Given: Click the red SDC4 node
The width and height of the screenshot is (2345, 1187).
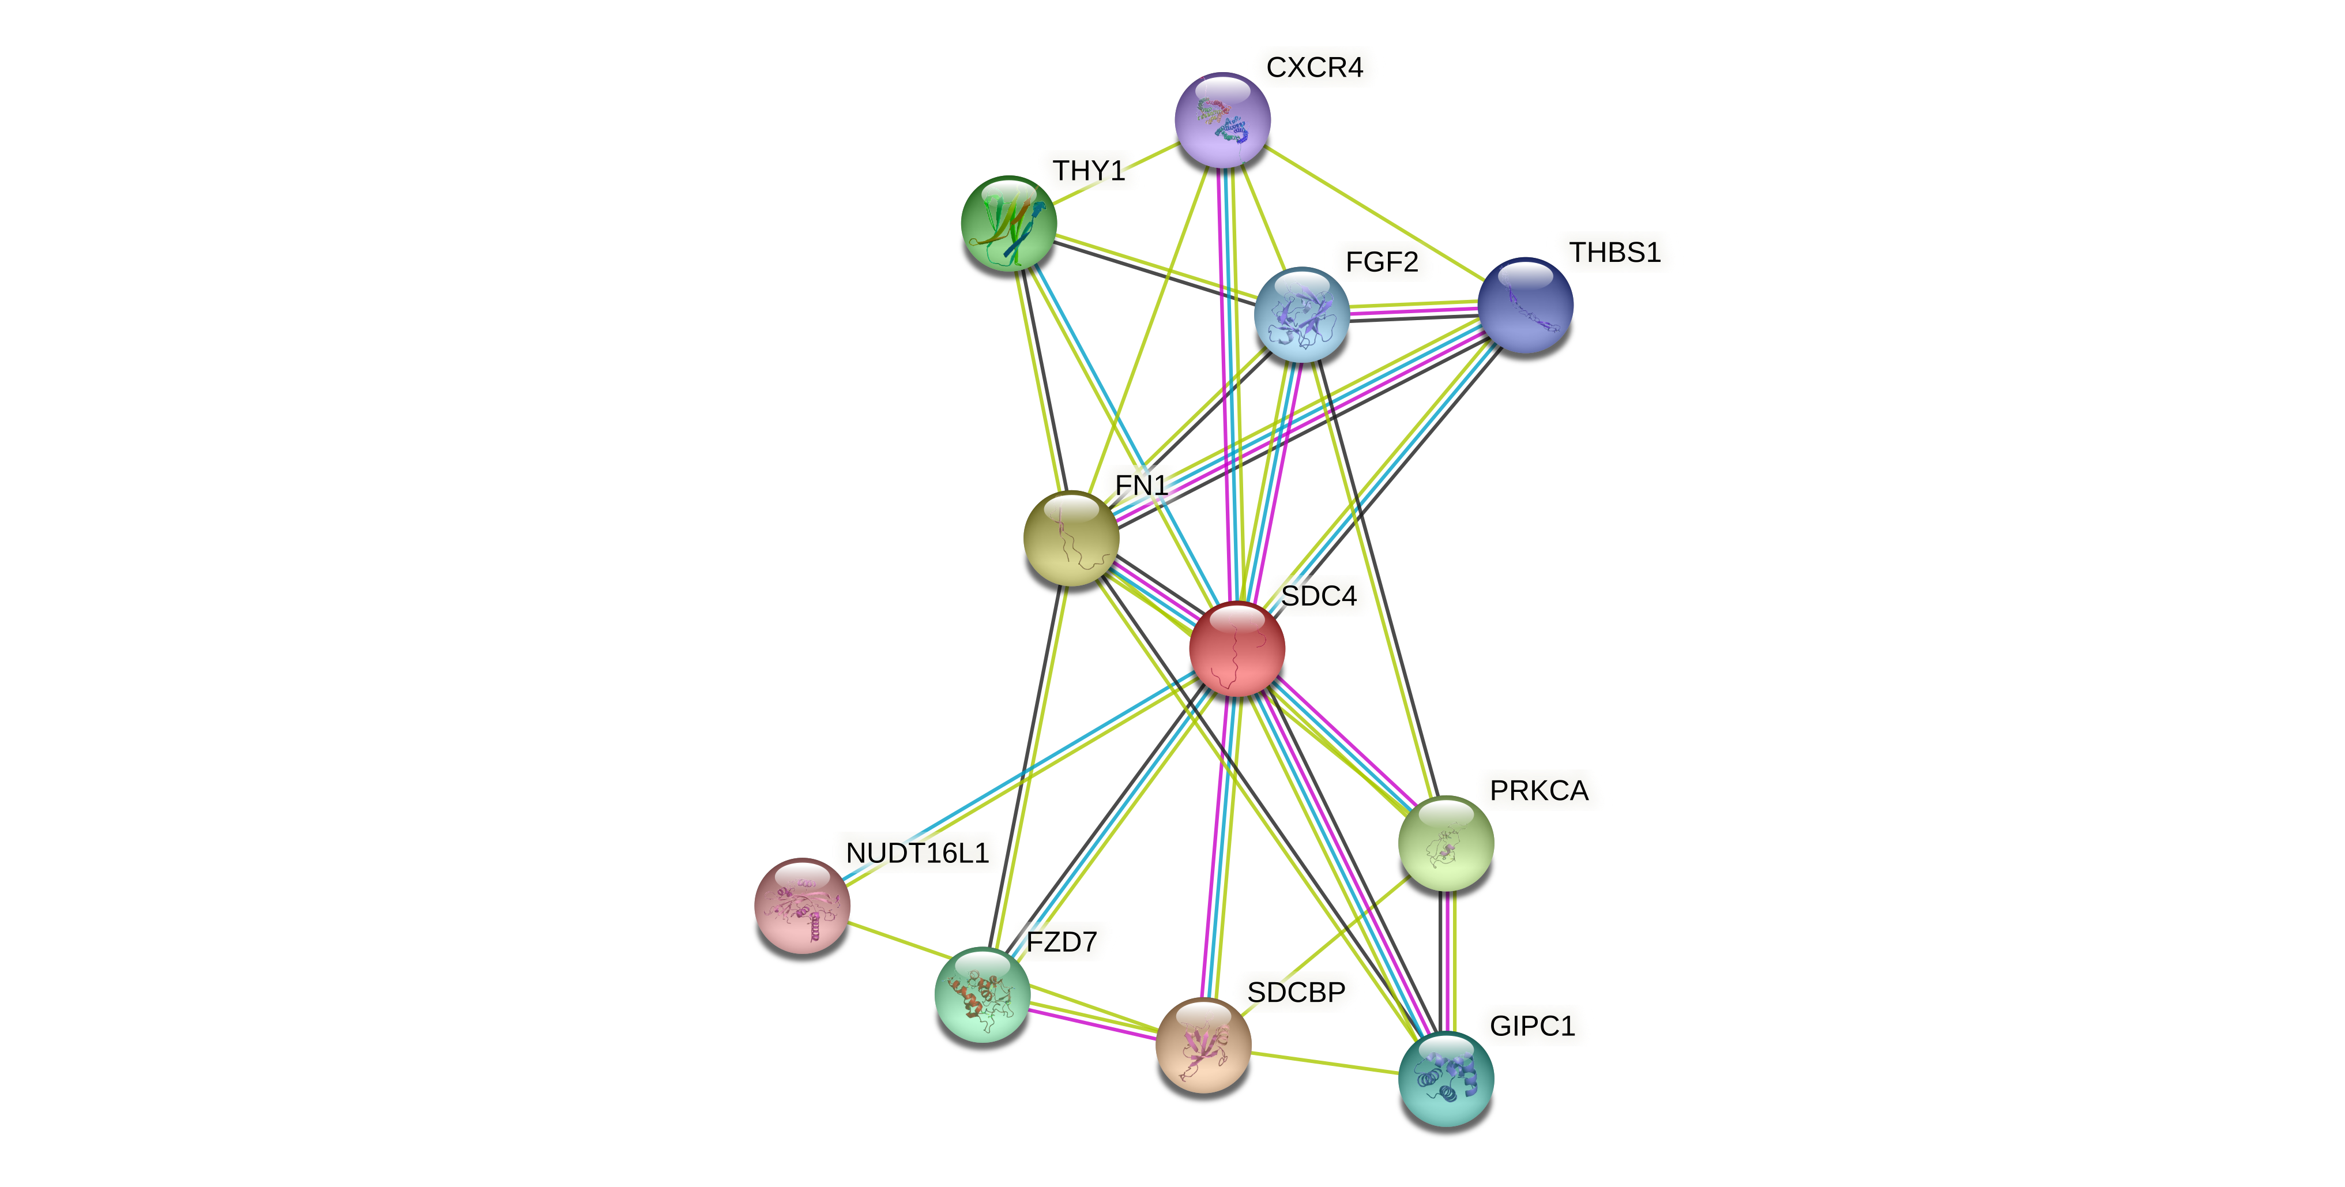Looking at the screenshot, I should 1236,649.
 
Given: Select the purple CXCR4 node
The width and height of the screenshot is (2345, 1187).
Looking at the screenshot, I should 1222,120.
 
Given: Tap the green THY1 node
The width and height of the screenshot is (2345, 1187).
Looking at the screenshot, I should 1008,224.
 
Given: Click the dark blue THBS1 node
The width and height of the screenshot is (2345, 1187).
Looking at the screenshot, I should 1525,305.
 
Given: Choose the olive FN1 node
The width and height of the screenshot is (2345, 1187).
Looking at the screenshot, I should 1071,538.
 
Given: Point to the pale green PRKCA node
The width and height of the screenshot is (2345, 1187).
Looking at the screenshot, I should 1446,843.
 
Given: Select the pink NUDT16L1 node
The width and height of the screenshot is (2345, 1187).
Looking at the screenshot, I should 802,905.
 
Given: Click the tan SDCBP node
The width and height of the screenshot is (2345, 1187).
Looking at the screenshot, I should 1203,1044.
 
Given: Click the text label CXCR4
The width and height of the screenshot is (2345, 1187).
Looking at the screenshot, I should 1315,67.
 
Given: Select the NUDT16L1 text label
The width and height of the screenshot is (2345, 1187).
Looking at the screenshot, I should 917,853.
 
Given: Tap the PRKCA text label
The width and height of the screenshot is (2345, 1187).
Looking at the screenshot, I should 1538,790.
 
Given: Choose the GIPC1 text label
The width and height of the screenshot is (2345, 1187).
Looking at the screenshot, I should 1532,1026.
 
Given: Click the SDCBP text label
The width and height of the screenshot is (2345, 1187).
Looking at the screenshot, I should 1296,992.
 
